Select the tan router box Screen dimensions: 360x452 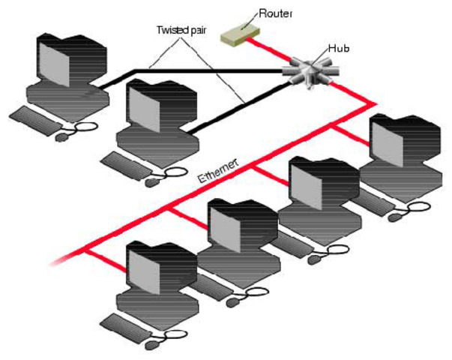[x=241, y=32]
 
